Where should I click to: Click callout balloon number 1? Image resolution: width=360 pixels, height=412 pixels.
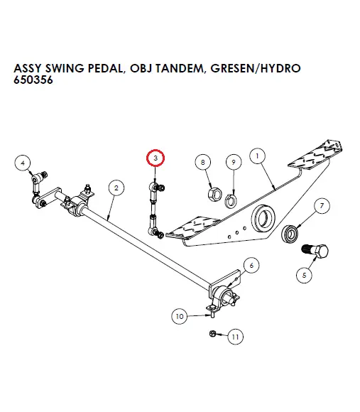tap(257, 154)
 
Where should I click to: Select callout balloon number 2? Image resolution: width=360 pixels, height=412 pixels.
tap(114, 188)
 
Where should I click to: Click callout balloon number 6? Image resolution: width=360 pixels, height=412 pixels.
tap(251, 266)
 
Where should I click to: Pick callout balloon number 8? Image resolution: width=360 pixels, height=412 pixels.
tap(204, 163)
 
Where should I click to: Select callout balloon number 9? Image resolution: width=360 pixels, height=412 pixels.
tap(231, 163)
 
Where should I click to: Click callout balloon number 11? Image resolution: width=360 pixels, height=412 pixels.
tap(235, 337)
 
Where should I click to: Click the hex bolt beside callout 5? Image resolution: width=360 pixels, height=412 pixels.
tap(317, 251)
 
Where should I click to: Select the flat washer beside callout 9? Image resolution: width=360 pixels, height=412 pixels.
tap(231, 200)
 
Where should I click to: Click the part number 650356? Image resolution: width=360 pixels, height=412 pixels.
tap(34, 82)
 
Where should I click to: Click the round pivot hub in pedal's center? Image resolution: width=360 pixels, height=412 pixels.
tap(264, 215)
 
